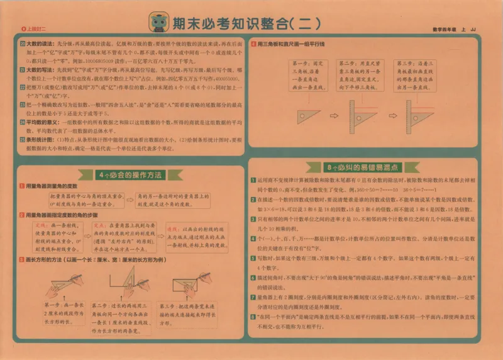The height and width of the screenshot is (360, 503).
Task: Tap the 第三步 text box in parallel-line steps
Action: click(x=416, y=75)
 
